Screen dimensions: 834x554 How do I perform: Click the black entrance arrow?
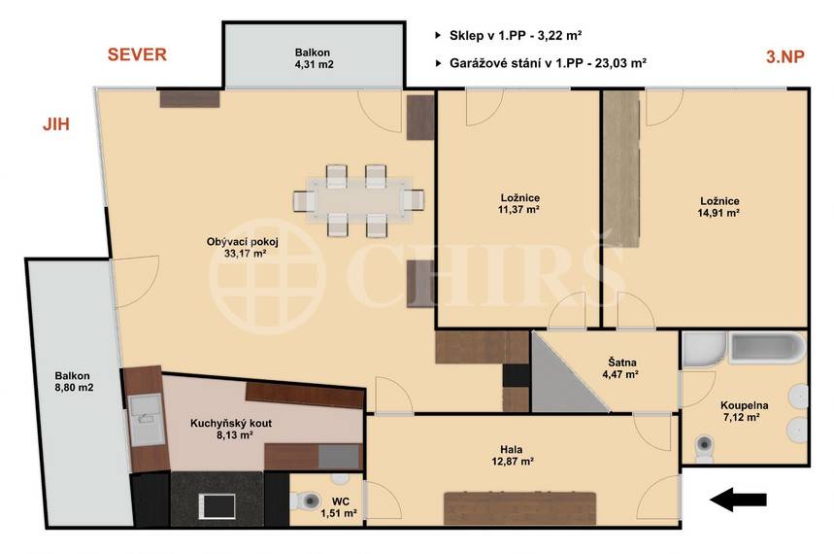[738, 500]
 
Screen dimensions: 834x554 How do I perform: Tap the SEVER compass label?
[137, 54]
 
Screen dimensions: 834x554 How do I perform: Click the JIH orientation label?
[56, 124]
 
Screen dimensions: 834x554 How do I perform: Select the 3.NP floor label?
[785, 56]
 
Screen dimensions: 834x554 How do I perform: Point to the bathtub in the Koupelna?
[768, 348]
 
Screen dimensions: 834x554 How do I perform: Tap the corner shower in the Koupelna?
[704, 350]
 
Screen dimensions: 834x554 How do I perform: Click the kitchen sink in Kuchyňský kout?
[146, 420]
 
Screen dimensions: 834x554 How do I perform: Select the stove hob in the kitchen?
[217, 505]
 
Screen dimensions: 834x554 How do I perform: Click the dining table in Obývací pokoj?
[359, 200]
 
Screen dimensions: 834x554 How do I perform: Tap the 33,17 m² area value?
[245, 254]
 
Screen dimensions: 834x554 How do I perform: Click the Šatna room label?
[622, 363]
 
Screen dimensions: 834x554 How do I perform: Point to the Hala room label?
[511, 450]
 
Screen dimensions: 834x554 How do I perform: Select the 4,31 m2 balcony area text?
[315, 64]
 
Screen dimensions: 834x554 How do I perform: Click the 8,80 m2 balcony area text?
[74, 388]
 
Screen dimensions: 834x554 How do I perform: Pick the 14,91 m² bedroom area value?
[719, 213]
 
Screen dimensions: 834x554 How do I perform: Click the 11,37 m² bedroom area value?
[518, 209]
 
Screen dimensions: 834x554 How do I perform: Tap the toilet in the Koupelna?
[704, 447]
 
